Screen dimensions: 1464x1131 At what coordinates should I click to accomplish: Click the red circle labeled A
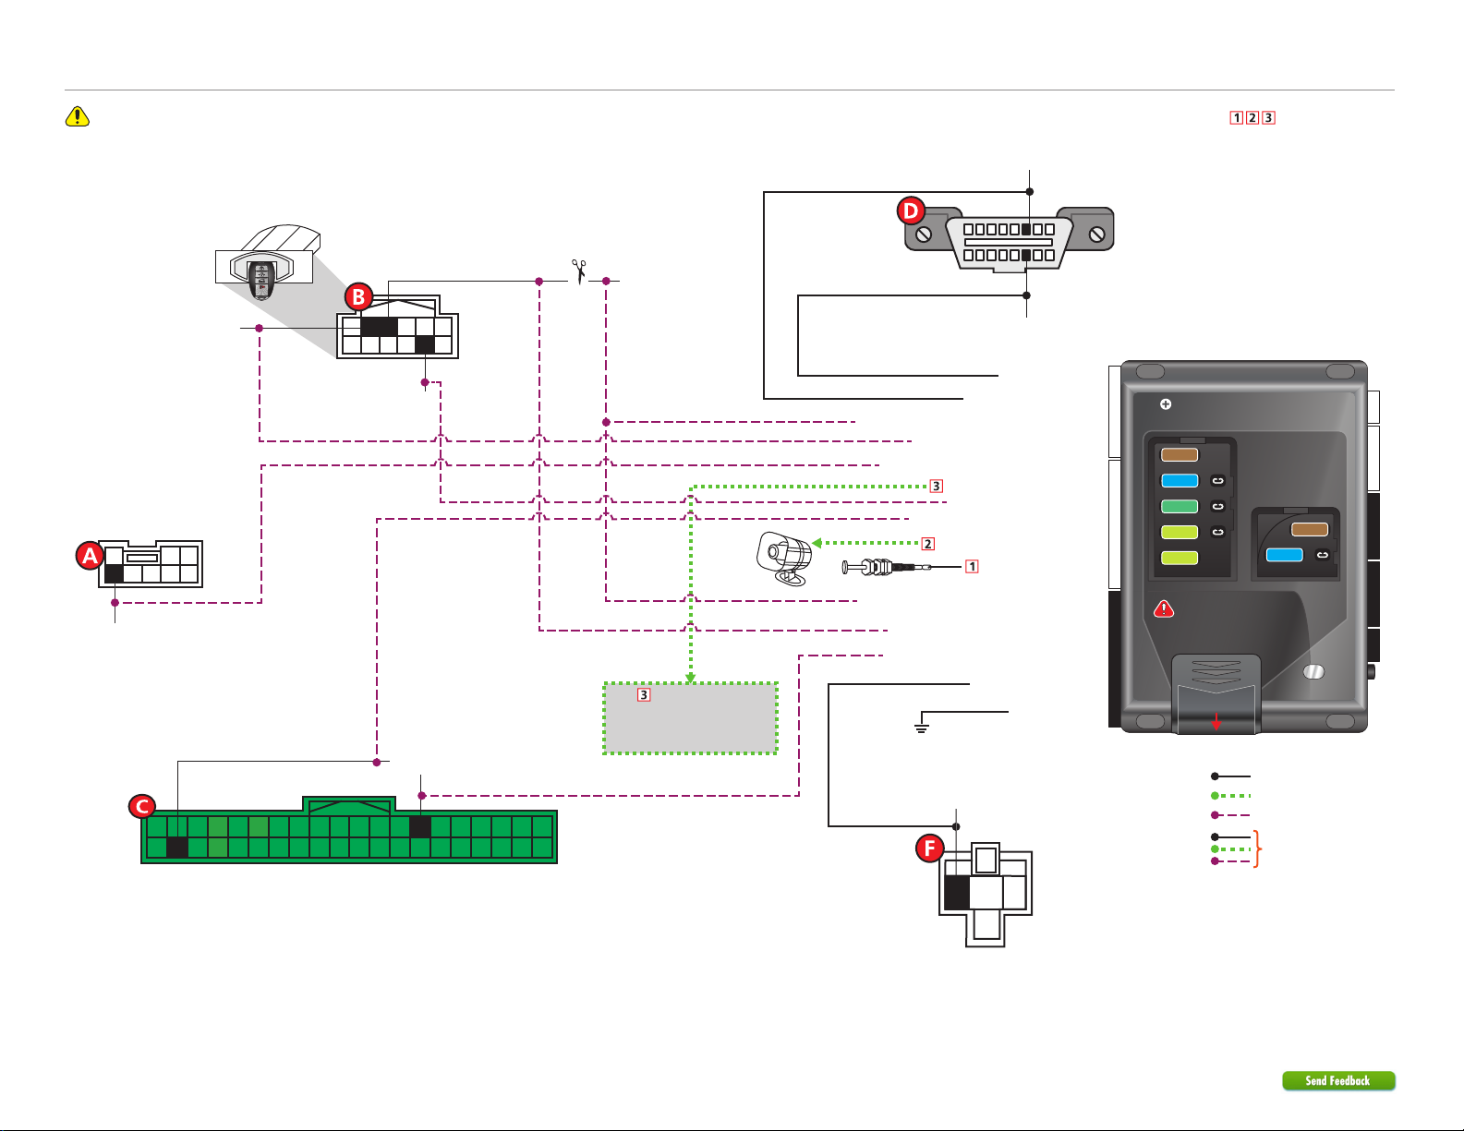[x=90, y=556]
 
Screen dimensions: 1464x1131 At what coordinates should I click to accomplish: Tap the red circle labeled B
[x=358, y=296]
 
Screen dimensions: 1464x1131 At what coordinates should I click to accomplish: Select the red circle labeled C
[x=142, y=807]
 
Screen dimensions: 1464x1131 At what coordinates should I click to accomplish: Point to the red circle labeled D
[x=910, y=211]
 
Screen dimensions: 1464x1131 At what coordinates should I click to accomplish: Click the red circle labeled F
[x=930, y=848]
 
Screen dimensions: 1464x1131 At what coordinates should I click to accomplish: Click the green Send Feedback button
[x=1338, y=1080]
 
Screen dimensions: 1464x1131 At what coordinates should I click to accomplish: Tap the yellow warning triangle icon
[x=78, y=116]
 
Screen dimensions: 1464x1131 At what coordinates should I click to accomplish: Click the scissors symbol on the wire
[x=579, y=271]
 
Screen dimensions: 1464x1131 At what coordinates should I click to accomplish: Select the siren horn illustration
[x=783, y=558]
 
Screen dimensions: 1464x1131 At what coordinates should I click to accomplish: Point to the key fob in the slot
[x=261, y=281]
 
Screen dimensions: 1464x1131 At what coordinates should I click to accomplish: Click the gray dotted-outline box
[x=690, y=718]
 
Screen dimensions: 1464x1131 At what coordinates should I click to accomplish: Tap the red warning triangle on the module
[x=1164, y=609]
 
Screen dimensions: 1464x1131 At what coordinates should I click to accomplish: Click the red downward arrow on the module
[x=1216, y=721]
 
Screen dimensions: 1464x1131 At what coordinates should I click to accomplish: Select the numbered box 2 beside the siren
[x=927, y=544]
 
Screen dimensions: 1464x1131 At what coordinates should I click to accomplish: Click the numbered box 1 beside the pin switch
[x=972, y=567]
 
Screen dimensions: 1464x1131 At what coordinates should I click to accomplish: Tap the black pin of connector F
[x=957, y=893]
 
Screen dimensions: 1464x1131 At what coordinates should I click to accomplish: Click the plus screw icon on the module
[x=1166, y=404]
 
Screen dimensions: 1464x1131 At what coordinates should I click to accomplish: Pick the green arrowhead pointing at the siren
[x=817, y=543]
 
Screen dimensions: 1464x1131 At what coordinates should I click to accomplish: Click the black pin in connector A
[x=114, y=573]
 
